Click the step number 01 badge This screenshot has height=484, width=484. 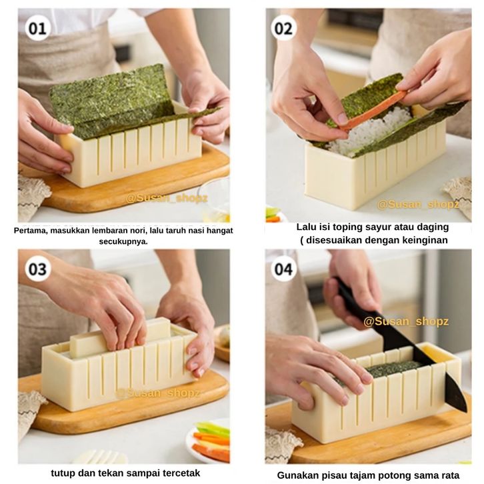tap(37, 29)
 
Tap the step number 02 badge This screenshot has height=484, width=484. tap(284, 29)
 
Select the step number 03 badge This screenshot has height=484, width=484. tap(37, 269)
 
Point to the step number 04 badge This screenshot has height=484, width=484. tap(284, 269)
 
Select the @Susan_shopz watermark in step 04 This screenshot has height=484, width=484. tap(406, 321)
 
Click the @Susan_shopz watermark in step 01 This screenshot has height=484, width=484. tap(167, 198)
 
